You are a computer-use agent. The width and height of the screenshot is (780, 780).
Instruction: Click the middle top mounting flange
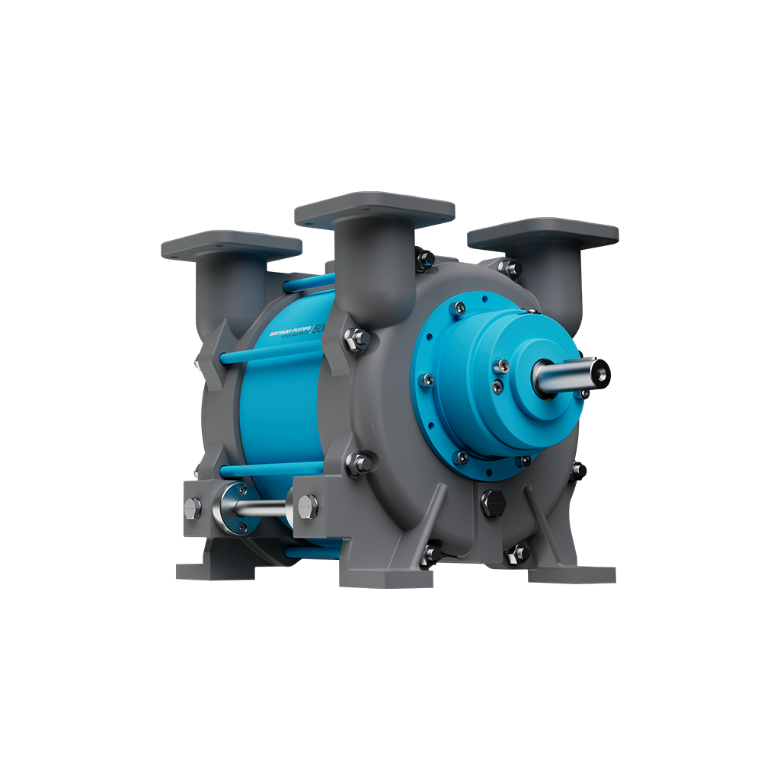[x=374, y=207]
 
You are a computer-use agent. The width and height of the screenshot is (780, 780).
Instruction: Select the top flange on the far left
[x=231, y=246]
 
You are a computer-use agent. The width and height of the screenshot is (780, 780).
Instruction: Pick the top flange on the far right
[x=543, y=232]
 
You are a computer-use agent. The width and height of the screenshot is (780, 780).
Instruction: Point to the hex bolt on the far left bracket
[x=193, y=507]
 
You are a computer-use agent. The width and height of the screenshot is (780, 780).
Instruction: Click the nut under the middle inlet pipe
[x=356, y=339]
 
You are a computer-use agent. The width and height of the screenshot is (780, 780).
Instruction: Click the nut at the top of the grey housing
[x=425, y=258]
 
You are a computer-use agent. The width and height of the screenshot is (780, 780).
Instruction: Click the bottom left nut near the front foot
[x=432, y=555]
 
